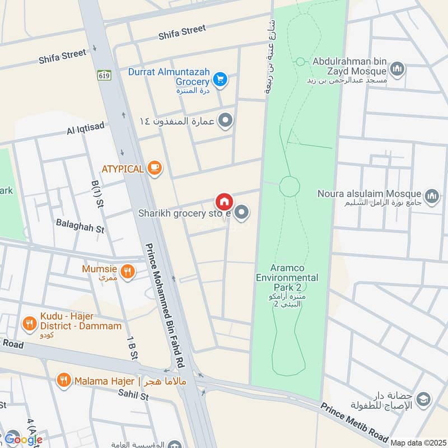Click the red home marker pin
[x=224, y=202]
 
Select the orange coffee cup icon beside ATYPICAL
[x=155, y=167]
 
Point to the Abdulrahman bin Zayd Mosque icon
[x=398, y=69]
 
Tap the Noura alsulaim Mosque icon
[x=431, y=195]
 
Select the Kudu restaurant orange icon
[x=29, y=323]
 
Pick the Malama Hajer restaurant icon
[x=64, y=381]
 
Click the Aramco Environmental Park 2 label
[x=287, y=283]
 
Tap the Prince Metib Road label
[x=354, y=420]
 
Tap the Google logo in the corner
[x=24, y=439]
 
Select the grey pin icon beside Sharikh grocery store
[x=242, y=212]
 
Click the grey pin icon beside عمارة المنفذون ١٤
[x=225, y=120]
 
